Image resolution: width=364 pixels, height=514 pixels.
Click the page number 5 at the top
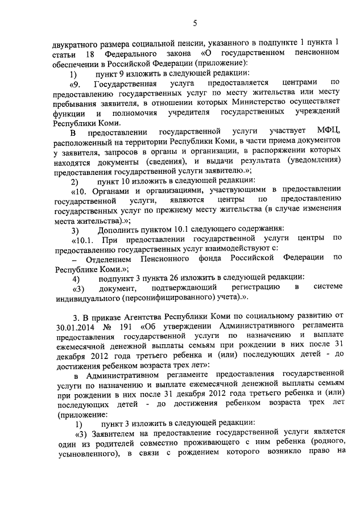(195, 23)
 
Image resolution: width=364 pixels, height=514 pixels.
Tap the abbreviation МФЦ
(328, 132)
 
